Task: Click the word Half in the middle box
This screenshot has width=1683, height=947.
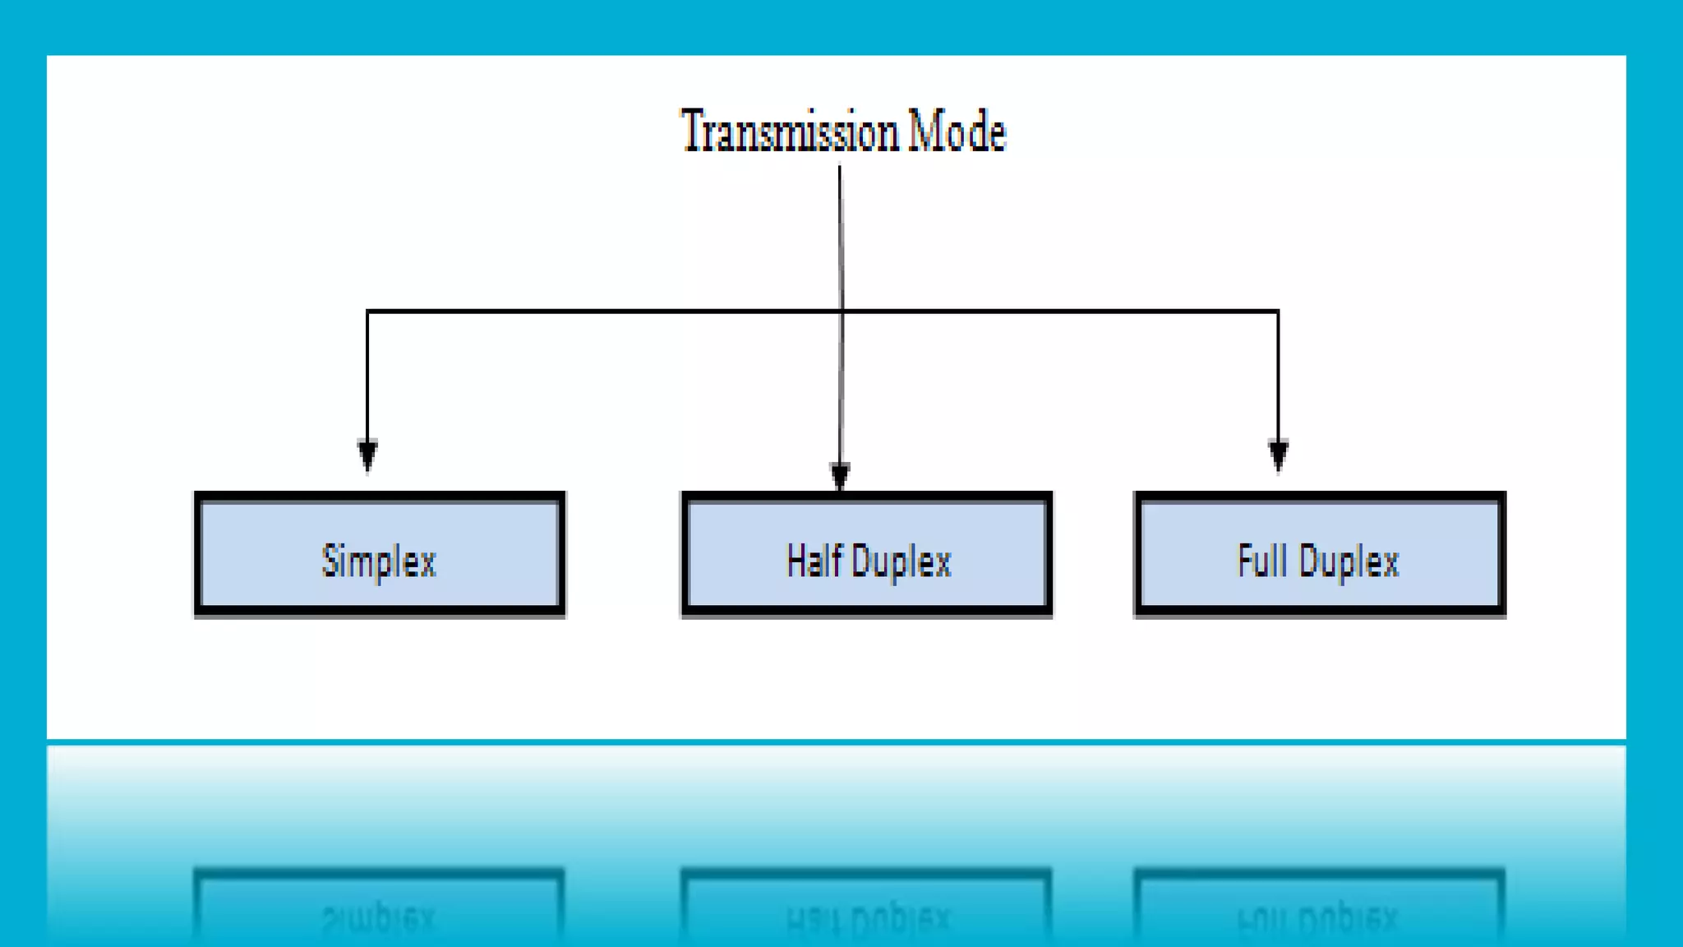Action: pos(814,561)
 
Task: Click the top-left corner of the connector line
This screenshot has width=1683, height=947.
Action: pos(367,312)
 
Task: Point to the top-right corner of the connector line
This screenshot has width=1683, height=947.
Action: pos(1278,312)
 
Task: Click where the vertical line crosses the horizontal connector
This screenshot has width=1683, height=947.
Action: pos(841,312)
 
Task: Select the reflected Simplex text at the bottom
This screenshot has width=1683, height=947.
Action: pos(379,917)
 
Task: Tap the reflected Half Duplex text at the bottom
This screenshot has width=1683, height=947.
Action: pos(867,917)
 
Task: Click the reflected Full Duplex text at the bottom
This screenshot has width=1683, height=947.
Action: pos(1318,917)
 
